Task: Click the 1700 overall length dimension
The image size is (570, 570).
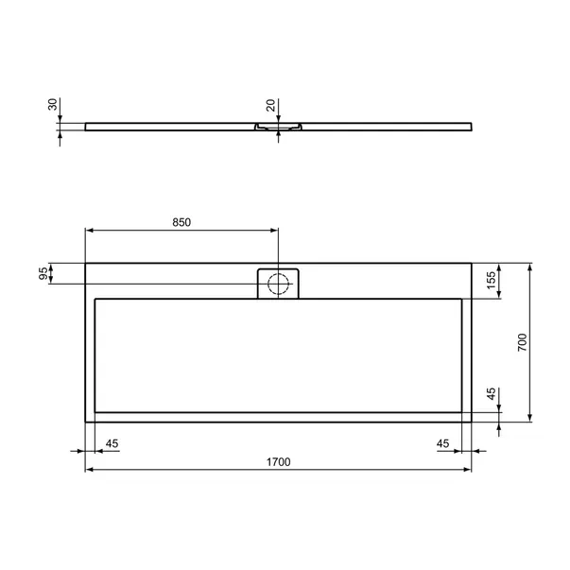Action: click(279, 462)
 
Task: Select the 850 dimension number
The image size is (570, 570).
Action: click(181, 222)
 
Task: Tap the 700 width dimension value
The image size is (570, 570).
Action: click(522, 342)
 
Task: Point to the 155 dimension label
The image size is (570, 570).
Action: click(492, 281)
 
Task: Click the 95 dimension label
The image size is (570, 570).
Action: click(43, 273)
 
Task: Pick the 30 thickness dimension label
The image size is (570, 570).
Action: click(53, 104)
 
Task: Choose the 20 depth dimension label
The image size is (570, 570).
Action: click(271, 106)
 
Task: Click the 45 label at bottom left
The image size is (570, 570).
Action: click(112, 443)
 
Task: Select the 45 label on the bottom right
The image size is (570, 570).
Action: click(442, 443)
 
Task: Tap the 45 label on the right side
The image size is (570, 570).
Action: click(492, 393)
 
